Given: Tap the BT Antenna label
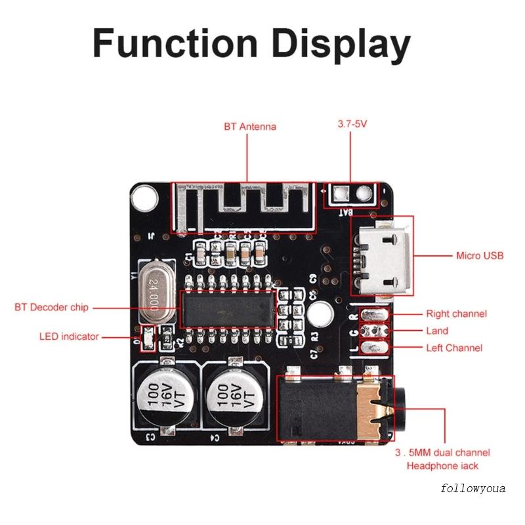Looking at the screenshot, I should point(249,127).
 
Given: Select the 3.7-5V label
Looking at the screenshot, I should point(351,123).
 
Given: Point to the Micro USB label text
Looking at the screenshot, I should point(480,255).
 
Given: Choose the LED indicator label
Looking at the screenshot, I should point(69,337).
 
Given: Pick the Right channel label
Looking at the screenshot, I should point(456,314).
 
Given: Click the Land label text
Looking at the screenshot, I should point(437,331).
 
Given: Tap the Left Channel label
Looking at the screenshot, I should point(454,348).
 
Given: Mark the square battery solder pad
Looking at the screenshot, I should point(341,194).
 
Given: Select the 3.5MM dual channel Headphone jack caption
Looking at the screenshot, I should point(443,459).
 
